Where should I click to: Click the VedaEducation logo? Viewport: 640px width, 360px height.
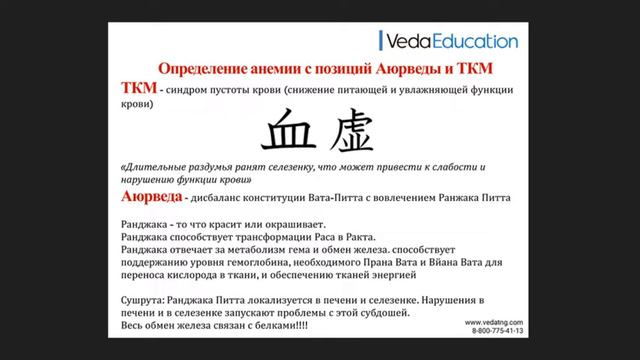(450, 41)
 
